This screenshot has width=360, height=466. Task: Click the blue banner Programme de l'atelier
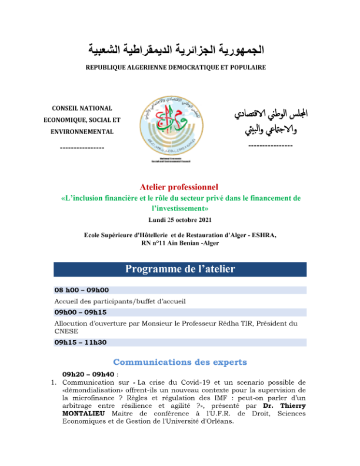click(x=179, y=269)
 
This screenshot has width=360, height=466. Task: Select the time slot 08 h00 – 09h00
click(x=81, y=290)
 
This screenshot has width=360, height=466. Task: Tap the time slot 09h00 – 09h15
click(x=81, y=312)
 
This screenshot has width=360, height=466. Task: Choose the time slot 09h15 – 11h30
click(x=81, y=342)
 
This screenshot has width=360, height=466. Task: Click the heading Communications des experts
click(x=179, y=362)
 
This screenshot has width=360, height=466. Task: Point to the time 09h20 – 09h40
click(x=88, y=374)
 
